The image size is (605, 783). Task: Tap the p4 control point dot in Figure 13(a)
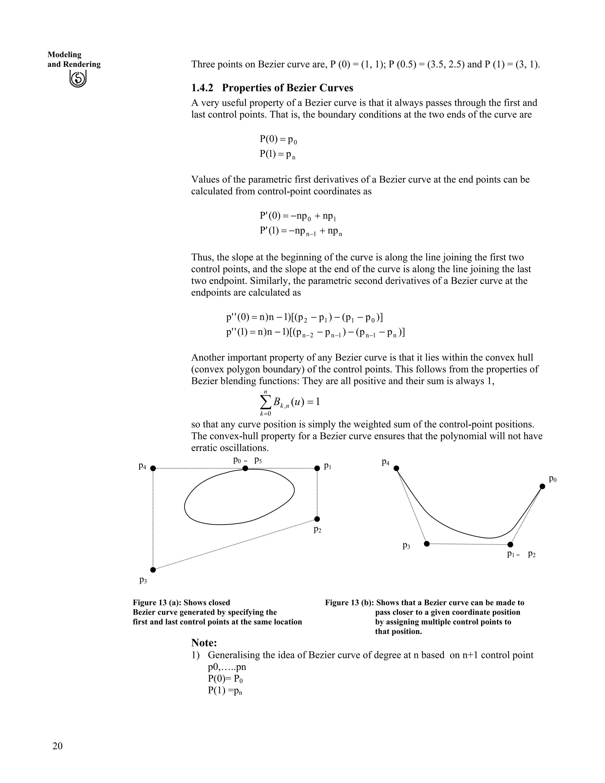coord(153,468)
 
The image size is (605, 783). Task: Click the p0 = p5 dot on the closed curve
coord(245,468)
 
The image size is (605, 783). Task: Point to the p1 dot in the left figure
coord(317,468)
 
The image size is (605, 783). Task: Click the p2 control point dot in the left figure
coord(317,519)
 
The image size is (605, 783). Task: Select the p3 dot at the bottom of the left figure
coord(153,570)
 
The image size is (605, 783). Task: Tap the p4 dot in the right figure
coord(396,468)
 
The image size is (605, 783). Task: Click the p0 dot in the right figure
coord(542,487)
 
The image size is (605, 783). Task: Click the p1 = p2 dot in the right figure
coord(510,545)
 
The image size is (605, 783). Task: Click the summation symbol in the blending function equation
coord(265,402)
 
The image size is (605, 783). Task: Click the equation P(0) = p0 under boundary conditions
coord(278,139)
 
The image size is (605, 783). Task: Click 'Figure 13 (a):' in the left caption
coord(157,603)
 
